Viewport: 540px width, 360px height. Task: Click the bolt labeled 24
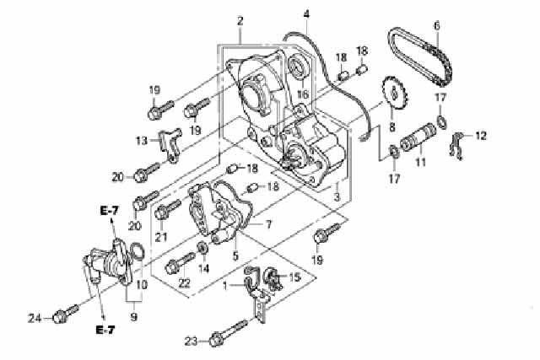[x=66, y=313]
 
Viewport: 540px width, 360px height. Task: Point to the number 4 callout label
[x=306, y=14]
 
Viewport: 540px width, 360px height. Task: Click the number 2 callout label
[x=240, y=21]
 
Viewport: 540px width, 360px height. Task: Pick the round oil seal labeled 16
[x=296, y=67]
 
